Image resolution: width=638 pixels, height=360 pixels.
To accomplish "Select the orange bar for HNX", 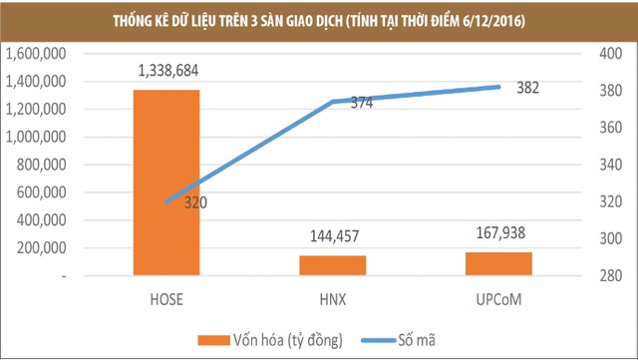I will point(332,266).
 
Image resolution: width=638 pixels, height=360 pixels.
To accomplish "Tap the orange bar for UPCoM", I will point(498,264).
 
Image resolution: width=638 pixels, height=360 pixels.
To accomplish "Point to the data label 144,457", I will point(332,237).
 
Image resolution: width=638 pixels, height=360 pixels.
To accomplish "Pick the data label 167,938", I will point(497,233).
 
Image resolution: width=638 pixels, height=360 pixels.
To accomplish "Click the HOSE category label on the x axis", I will point(166,297).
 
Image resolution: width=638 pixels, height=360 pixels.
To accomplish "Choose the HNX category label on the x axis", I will point(332,297).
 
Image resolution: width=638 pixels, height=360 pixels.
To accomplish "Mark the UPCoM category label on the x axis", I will point(498,297).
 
